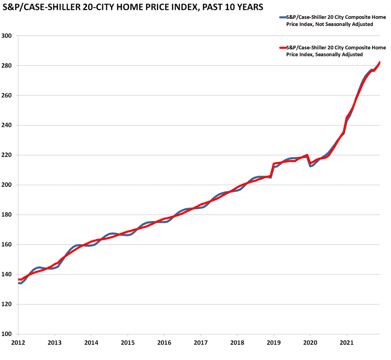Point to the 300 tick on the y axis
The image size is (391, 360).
7,36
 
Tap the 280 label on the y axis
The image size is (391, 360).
7,66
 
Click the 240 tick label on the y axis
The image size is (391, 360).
7,125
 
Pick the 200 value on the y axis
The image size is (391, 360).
7,185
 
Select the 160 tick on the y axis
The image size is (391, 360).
7,245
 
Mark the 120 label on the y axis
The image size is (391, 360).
7,304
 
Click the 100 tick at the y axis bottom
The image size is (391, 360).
7,334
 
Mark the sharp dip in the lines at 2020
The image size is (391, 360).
310,165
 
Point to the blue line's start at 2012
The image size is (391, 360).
19,283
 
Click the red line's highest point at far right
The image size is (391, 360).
380,62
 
